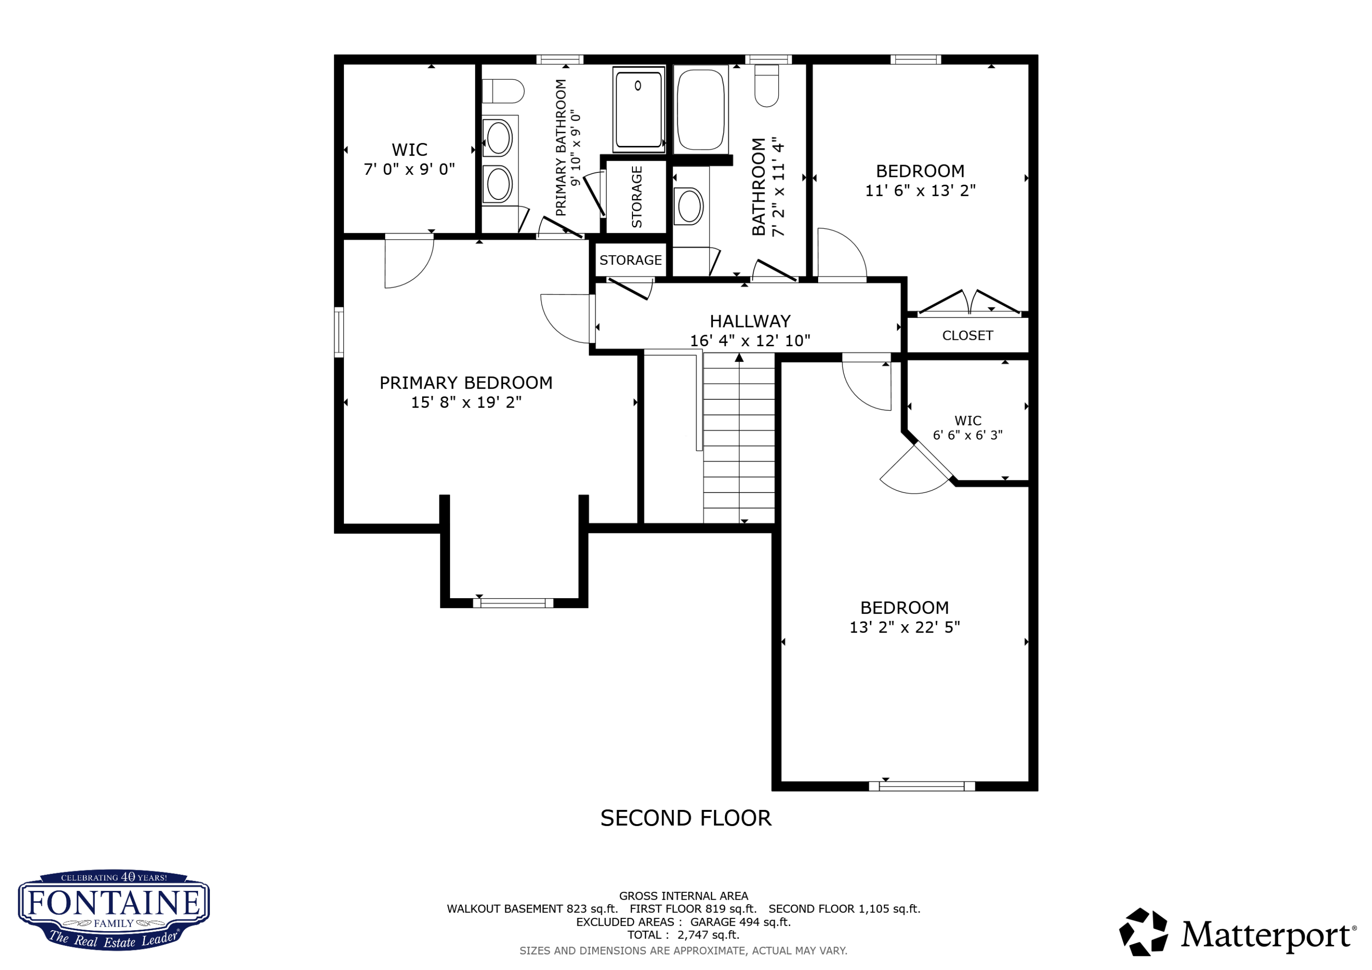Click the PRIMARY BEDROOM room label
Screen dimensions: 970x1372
466,383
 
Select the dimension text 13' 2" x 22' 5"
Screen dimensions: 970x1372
904,627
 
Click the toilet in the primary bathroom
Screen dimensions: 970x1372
503,91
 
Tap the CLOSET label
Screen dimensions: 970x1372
967,336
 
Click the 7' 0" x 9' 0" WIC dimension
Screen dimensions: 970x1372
409,170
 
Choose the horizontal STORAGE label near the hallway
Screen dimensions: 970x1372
630,261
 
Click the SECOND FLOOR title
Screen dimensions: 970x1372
686,818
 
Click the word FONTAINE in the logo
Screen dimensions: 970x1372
113,903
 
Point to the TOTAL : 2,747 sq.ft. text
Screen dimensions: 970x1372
682,935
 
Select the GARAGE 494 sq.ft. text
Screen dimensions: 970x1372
740,922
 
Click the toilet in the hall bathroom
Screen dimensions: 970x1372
766,86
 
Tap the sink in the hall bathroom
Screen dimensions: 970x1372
688,206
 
